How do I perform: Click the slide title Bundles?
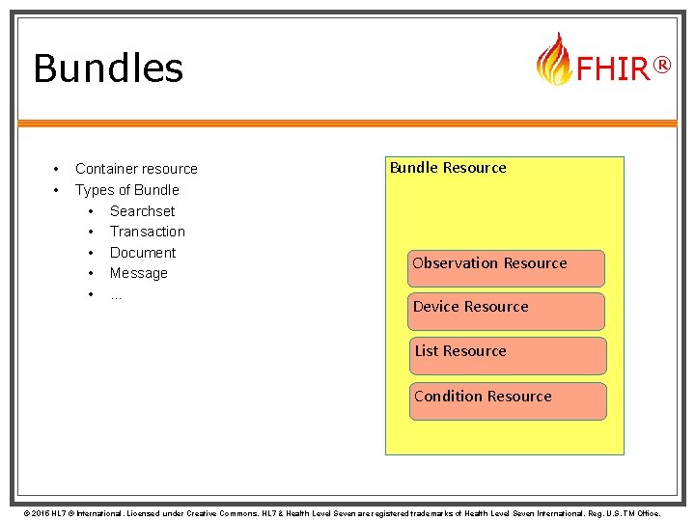(x=108, y=69)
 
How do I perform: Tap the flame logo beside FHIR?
(x=554, y=60)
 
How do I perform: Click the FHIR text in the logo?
(x=612, y=69)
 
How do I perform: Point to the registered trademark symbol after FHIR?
(x=661, y=65)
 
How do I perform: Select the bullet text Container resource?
(x=136, y=169)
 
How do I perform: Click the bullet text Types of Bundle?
(x=127, y=190)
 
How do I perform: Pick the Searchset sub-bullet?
(x=143, y=211)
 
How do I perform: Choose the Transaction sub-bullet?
(x=148, y=232)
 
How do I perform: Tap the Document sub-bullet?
(x=143, y=253)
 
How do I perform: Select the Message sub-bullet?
(x=139, y=273)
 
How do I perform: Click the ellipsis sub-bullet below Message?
(x=116, y=294)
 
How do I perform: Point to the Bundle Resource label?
(x=448, y=168)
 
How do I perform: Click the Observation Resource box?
(x=506, y=268)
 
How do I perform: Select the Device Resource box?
(x=506, y=312)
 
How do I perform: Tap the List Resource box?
(x=507, y=355)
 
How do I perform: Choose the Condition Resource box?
(x=508, y=400)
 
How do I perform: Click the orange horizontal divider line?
(x=347, y=123)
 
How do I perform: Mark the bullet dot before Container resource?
(x=58, y=169)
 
